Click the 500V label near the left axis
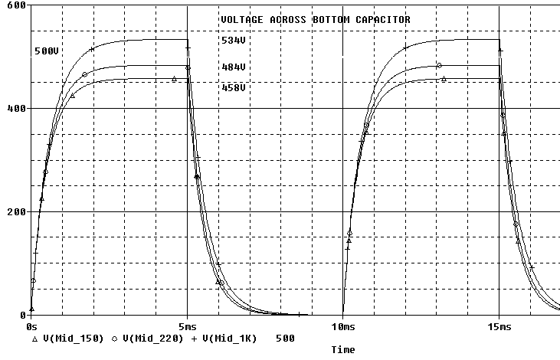[x=46, y=51]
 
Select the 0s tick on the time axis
[x=31, y=326]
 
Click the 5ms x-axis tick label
[x=187, y=326]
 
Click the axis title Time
[x=342, y=349]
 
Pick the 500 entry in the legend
[x=285, y=337]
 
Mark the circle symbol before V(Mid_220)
[x=114, y=337]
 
